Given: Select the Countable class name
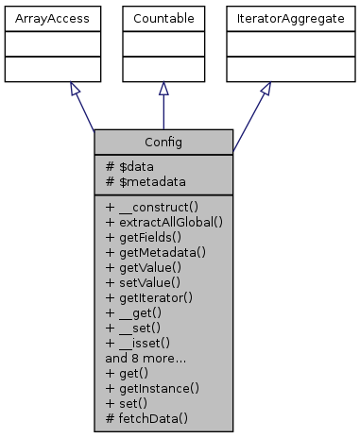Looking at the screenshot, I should (x=163, y=19).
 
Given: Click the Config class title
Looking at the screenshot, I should (x=163, y=142).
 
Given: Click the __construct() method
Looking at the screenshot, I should (x=151, y=205).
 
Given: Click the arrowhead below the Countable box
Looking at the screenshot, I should (x=163, y=89).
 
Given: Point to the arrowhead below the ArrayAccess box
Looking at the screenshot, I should (x=73, y=90).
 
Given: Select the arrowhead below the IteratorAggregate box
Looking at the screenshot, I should (x=266, y=90).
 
